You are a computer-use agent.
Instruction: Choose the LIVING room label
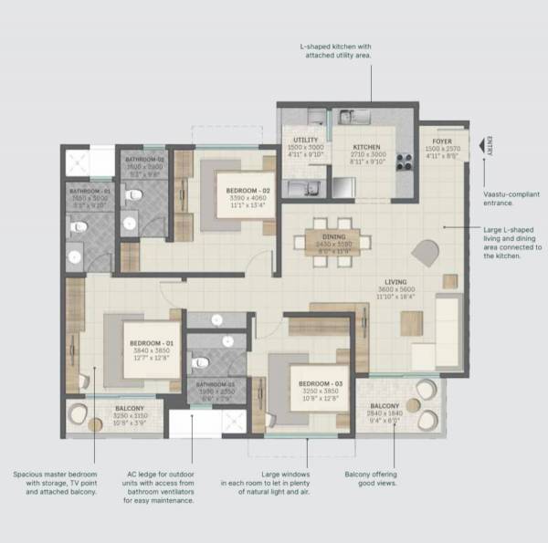395,283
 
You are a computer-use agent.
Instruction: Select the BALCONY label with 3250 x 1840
385,405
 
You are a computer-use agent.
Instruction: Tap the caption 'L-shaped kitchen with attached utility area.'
339,50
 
